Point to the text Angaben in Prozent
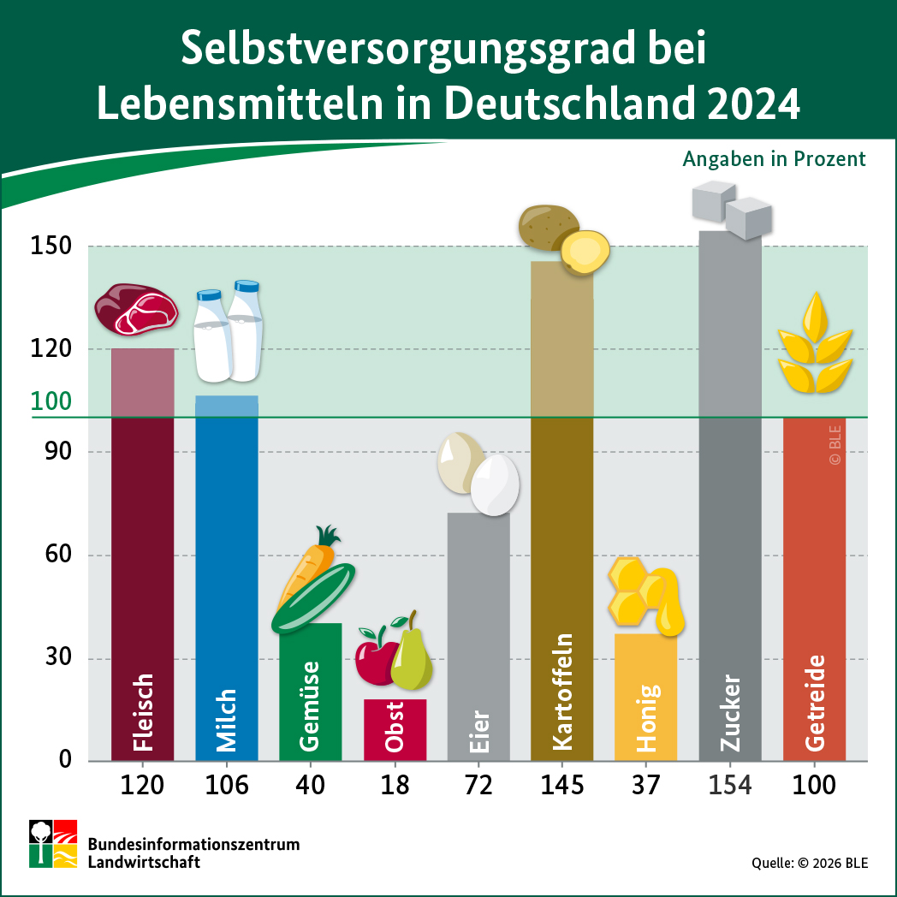pos(774,159)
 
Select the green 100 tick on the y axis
pos(52,402)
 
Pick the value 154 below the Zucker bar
pos(730,785)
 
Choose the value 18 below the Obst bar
pos(395,785)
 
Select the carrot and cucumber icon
pos(312,582)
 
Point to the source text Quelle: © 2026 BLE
pos(810,863)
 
